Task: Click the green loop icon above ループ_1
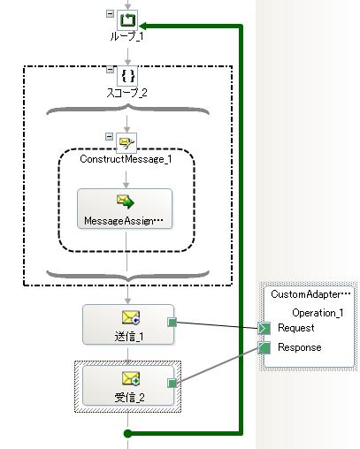click(127, 20)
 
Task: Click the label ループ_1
click(126, 36)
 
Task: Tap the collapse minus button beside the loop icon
click(110, 13)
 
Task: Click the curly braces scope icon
click(127, 76)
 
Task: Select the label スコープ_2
click(126, 93)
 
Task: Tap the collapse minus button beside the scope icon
click(110, 70)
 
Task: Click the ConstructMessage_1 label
click(126, 159)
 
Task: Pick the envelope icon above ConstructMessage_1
click(126, 143)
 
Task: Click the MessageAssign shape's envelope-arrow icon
click(125, 202)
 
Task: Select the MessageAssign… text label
click(124, 221)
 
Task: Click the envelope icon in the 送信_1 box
click(131, 318)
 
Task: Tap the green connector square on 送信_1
click(172, 322)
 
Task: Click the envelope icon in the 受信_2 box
click(131, 378)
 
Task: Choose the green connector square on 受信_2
click(172, 383)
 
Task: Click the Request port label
click(296, 328)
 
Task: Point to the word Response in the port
click(300, 347)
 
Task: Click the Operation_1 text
click(318, 313)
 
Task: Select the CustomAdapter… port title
click(310, 294)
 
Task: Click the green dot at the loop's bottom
click(127, 433)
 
